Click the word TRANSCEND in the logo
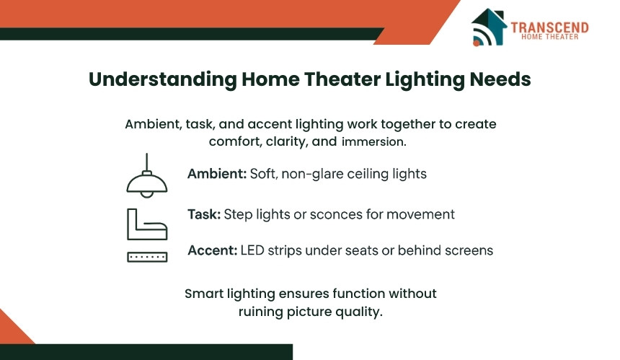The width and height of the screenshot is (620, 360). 549,27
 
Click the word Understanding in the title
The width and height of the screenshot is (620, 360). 162,79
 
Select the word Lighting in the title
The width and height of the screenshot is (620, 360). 425,79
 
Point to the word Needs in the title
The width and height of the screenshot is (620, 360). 500,79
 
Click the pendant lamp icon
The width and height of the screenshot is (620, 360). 146,175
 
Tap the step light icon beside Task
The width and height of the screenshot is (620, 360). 147,224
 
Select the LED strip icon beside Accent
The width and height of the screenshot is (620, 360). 147,257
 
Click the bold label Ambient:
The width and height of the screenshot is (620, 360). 217,174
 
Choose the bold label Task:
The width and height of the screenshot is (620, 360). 204,214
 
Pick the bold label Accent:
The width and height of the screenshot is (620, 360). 213,250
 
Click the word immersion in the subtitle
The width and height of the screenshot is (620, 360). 373,141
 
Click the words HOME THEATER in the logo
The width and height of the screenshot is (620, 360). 549,37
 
